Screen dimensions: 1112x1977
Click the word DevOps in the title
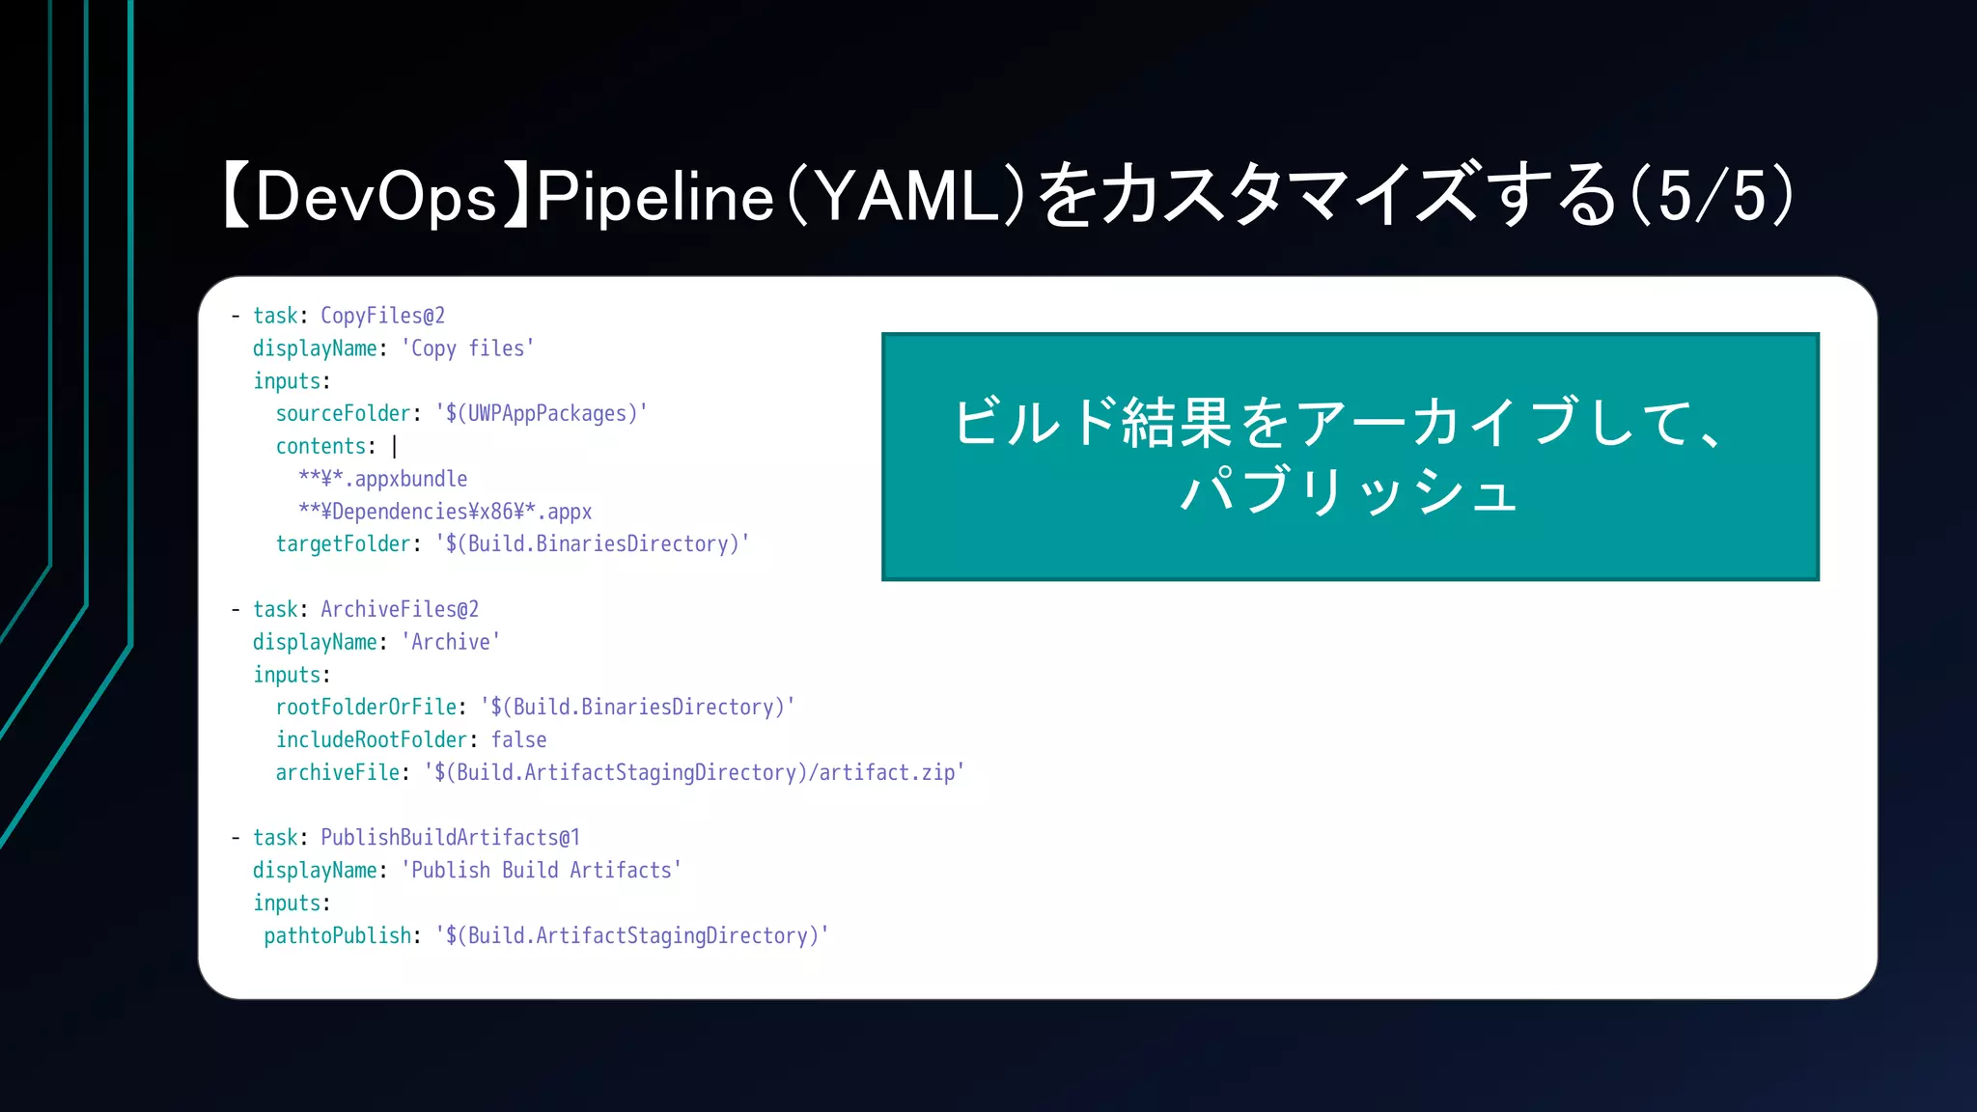click(376, 197)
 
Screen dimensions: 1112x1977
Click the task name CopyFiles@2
click(382, 316)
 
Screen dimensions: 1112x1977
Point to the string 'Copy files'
click(467, 348)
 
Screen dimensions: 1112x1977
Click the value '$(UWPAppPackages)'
click(541, 413)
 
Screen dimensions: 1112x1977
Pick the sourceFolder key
click(343, 413)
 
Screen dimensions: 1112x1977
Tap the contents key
click(320, 446)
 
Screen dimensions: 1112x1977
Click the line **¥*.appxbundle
click(382, 479)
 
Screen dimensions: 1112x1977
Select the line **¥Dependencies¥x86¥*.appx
click(444, 512)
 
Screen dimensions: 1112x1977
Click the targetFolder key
click(343, 544)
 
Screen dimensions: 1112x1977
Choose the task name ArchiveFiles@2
click(400, 609)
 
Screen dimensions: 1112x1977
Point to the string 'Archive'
click(450, 642)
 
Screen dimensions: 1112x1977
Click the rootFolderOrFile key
click(366, 708)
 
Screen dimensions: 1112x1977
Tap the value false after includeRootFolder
click(518, 740)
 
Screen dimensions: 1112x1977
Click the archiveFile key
click(337, 773)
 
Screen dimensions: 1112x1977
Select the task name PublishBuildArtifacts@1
click(450, 838)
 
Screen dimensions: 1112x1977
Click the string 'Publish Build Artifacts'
click(541, 871)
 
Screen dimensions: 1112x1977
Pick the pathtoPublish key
click(337, 936)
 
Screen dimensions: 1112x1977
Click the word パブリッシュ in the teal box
click(1350, 490)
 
